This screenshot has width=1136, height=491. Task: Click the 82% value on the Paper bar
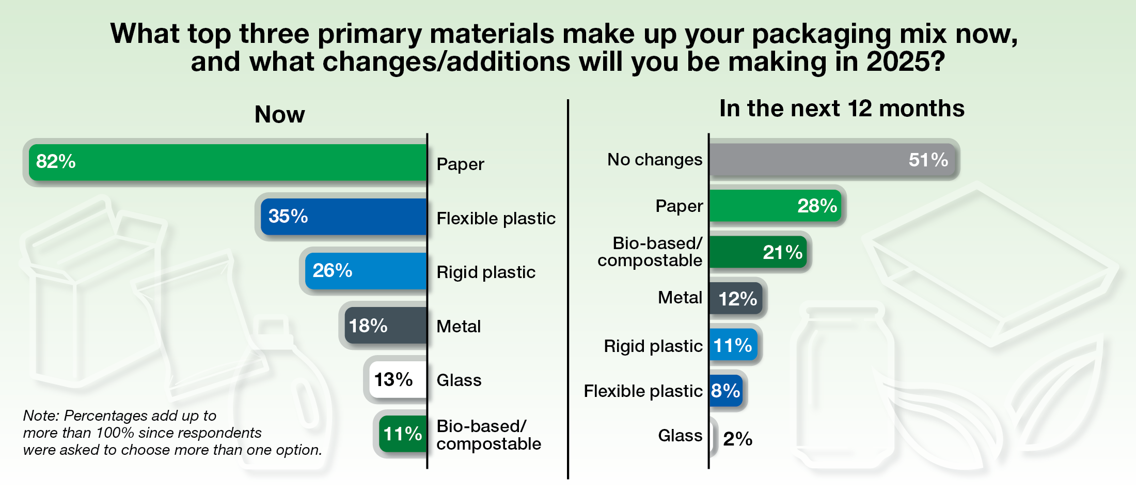(56, 162)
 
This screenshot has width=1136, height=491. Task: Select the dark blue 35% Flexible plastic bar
(343, 217)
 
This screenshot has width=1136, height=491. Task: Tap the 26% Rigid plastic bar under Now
(366, 271)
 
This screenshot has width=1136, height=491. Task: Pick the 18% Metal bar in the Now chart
(385, 326)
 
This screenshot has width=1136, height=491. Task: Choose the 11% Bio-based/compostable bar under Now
(403, 434)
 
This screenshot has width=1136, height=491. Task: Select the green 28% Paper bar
(775, 206)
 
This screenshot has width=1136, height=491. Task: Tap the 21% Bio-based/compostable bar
(758, 252)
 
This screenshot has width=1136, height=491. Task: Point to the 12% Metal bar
(736, 299)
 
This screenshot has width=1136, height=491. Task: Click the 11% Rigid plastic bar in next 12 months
(733, 345)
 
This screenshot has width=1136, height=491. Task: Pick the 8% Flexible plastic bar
(725, 391)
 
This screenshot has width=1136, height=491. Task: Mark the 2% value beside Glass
(737, 439)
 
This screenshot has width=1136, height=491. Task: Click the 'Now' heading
(279, 114)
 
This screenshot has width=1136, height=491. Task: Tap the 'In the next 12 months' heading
(842, 109)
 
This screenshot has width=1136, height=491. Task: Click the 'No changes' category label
(654, 160)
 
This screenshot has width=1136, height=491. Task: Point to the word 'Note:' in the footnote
(41, 416)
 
